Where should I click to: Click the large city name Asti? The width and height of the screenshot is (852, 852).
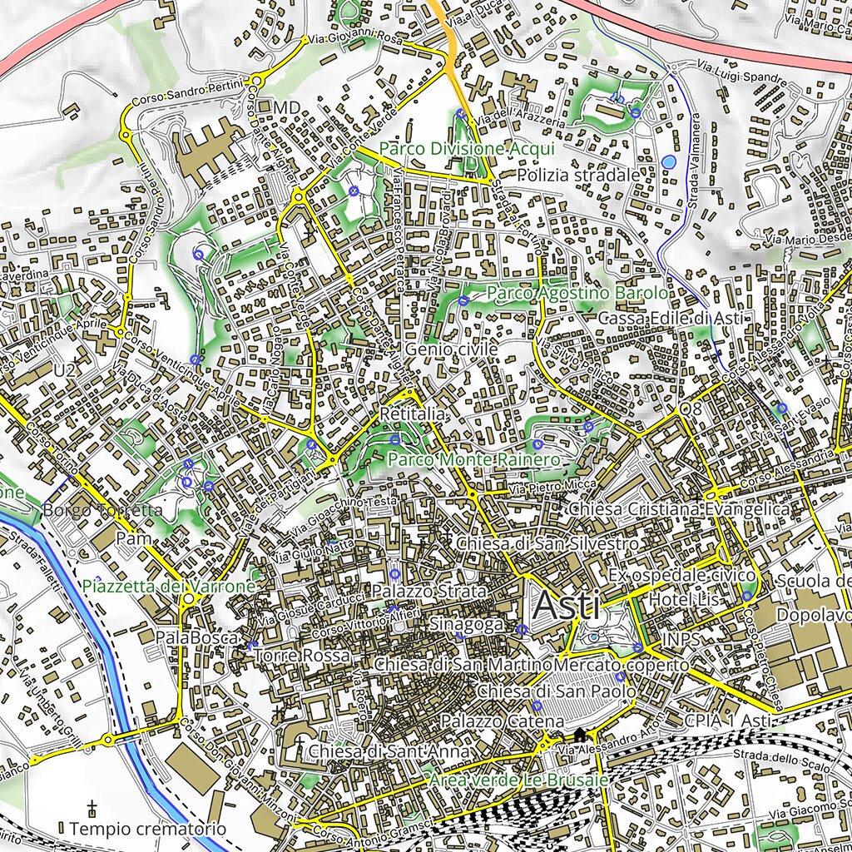coord(567,605)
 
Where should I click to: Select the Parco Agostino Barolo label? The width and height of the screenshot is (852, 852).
coord(577,294)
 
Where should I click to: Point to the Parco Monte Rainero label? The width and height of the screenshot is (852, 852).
coord(473,460)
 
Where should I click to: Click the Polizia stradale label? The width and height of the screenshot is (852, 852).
coord(578,176)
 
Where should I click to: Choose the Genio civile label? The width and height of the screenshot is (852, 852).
coord(452,350)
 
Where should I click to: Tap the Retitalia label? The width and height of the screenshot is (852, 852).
coord(414,414)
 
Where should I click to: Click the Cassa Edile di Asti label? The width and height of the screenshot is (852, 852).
coord(669,319)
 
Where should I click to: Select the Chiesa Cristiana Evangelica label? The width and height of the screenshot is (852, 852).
coord(680,508)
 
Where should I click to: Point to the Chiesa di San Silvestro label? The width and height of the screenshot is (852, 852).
coord(547,543)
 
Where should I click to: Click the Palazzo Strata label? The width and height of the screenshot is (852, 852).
coord(428,591)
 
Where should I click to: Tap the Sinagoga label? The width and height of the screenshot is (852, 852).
coord(467,624)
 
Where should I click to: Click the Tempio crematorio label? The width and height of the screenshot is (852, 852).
coord(147,829)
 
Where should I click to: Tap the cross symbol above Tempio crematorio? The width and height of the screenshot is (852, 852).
coord(92,808)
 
